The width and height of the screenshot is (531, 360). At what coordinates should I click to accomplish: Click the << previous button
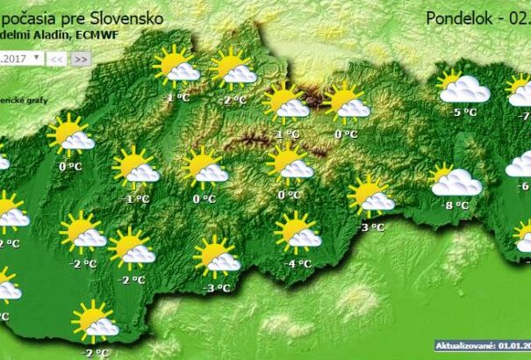coord(57,59)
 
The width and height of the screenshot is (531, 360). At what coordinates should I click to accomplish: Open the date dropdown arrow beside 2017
coord(37,58)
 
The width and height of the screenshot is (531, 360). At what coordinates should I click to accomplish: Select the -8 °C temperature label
coord(456,205)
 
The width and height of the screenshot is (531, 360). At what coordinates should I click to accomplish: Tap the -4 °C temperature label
coord(299,263)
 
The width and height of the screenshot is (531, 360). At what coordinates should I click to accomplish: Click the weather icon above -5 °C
coord(463,88)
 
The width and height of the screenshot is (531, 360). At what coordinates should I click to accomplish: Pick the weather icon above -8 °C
coord(456,180)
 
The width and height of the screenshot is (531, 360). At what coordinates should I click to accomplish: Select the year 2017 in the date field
coord(15,58)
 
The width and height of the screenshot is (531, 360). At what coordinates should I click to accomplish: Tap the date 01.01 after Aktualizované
coord(512,347)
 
